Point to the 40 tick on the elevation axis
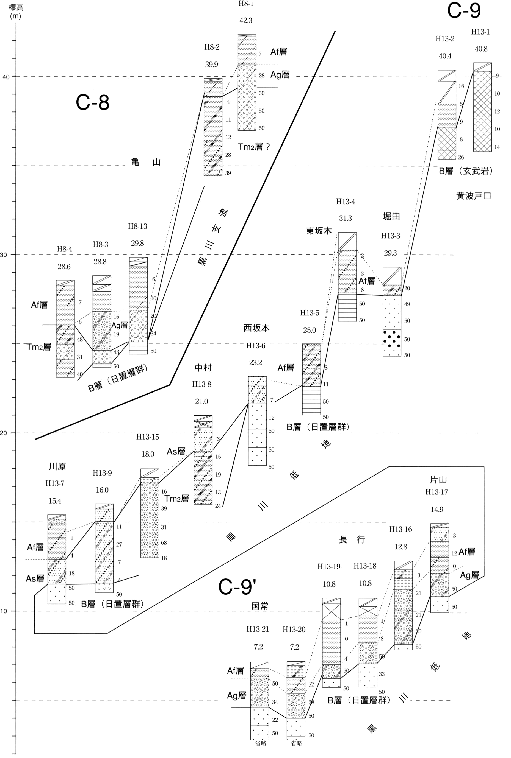click(6, 77)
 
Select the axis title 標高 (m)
click(16, 11)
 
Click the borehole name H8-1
click(246, 4)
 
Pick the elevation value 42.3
click(246, 21)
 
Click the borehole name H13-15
click(148, 437)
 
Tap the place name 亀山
click(146, 162)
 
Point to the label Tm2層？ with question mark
click(254, 147)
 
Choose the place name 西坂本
click(256, 328)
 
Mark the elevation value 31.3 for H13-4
click(346, 218)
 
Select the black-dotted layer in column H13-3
click(392, 339)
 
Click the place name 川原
click(57, 466)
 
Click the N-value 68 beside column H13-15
click(164, 542)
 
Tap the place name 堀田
click(391, 216)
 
